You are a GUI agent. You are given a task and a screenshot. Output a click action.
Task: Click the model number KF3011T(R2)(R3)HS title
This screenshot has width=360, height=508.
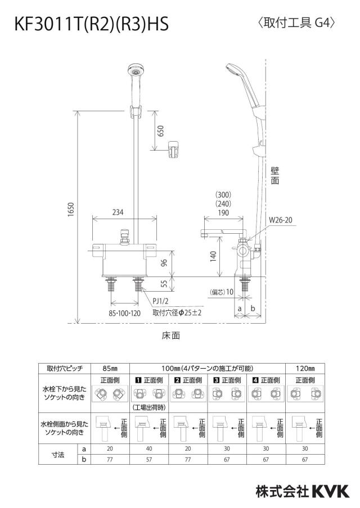tap(92, 24)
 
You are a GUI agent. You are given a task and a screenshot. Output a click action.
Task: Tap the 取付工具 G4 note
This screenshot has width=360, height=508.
tap(296, 23)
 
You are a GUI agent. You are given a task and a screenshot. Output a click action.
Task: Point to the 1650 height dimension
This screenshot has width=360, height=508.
tap(71, 210)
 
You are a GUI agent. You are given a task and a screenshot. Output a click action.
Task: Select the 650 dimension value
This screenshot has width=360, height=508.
tap(160, 130)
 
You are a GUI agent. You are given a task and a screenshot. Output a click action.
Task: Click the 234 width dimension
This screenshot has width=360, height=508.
tap(118, 212)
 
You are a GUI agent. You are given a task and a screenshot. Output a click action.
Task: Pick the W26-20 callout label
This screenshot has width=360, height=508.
tap(281, 220)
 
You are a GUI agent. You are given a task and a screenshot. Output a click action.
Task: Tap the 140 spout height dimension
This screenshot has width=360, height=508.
tap(213, 256)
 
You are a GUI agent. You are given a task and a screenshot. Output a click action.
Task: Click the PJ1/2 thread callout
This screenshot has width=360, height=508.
tap(160, 301)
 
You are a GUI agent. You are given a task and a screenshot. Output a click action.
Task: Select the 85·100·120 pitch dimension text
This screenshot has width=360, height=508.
tap(125, 314)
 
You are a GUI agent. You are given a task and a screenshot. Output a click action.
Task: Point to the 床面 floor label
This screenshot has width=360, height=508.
tap(171, 335)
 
